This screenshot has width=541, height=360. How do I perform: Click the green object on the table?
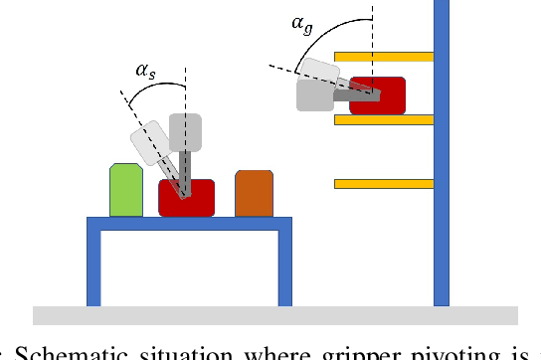pyautogui.click(x=125, y=190)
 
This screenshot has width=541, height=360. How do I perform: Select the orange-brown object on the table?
pyautogui.click(x=254, y=193)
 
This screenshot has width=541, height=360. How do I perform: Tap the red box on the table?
pyautogui.click(x=187, y=197)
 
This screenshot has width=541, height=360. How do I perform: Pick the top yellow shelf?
pyautogui.click(x=384, y=56)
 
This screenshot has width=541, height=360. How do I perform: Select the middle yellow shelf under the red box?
pyautogui.click(x=384, y=120)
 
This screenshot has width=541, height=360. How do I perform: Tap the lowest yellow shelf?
pyautogui.click(x=384, y=184)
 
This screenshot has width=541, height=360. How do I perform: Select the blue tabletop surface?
pyautogui.click(x=189, y=223)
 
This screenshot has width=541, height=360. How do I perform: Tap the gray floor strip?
pyautogui.click(x=275, y=315)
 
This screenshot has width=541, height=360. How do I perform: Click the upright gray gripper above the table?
pyautogui.click(x=185, y=132)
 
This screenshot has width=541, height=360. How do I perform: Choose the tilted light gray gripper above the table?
pyautogui.click(x=149, y=141)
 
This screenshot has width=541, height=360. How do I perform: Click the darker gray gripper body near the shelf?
pyautogui.click(x=314, y=95)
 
